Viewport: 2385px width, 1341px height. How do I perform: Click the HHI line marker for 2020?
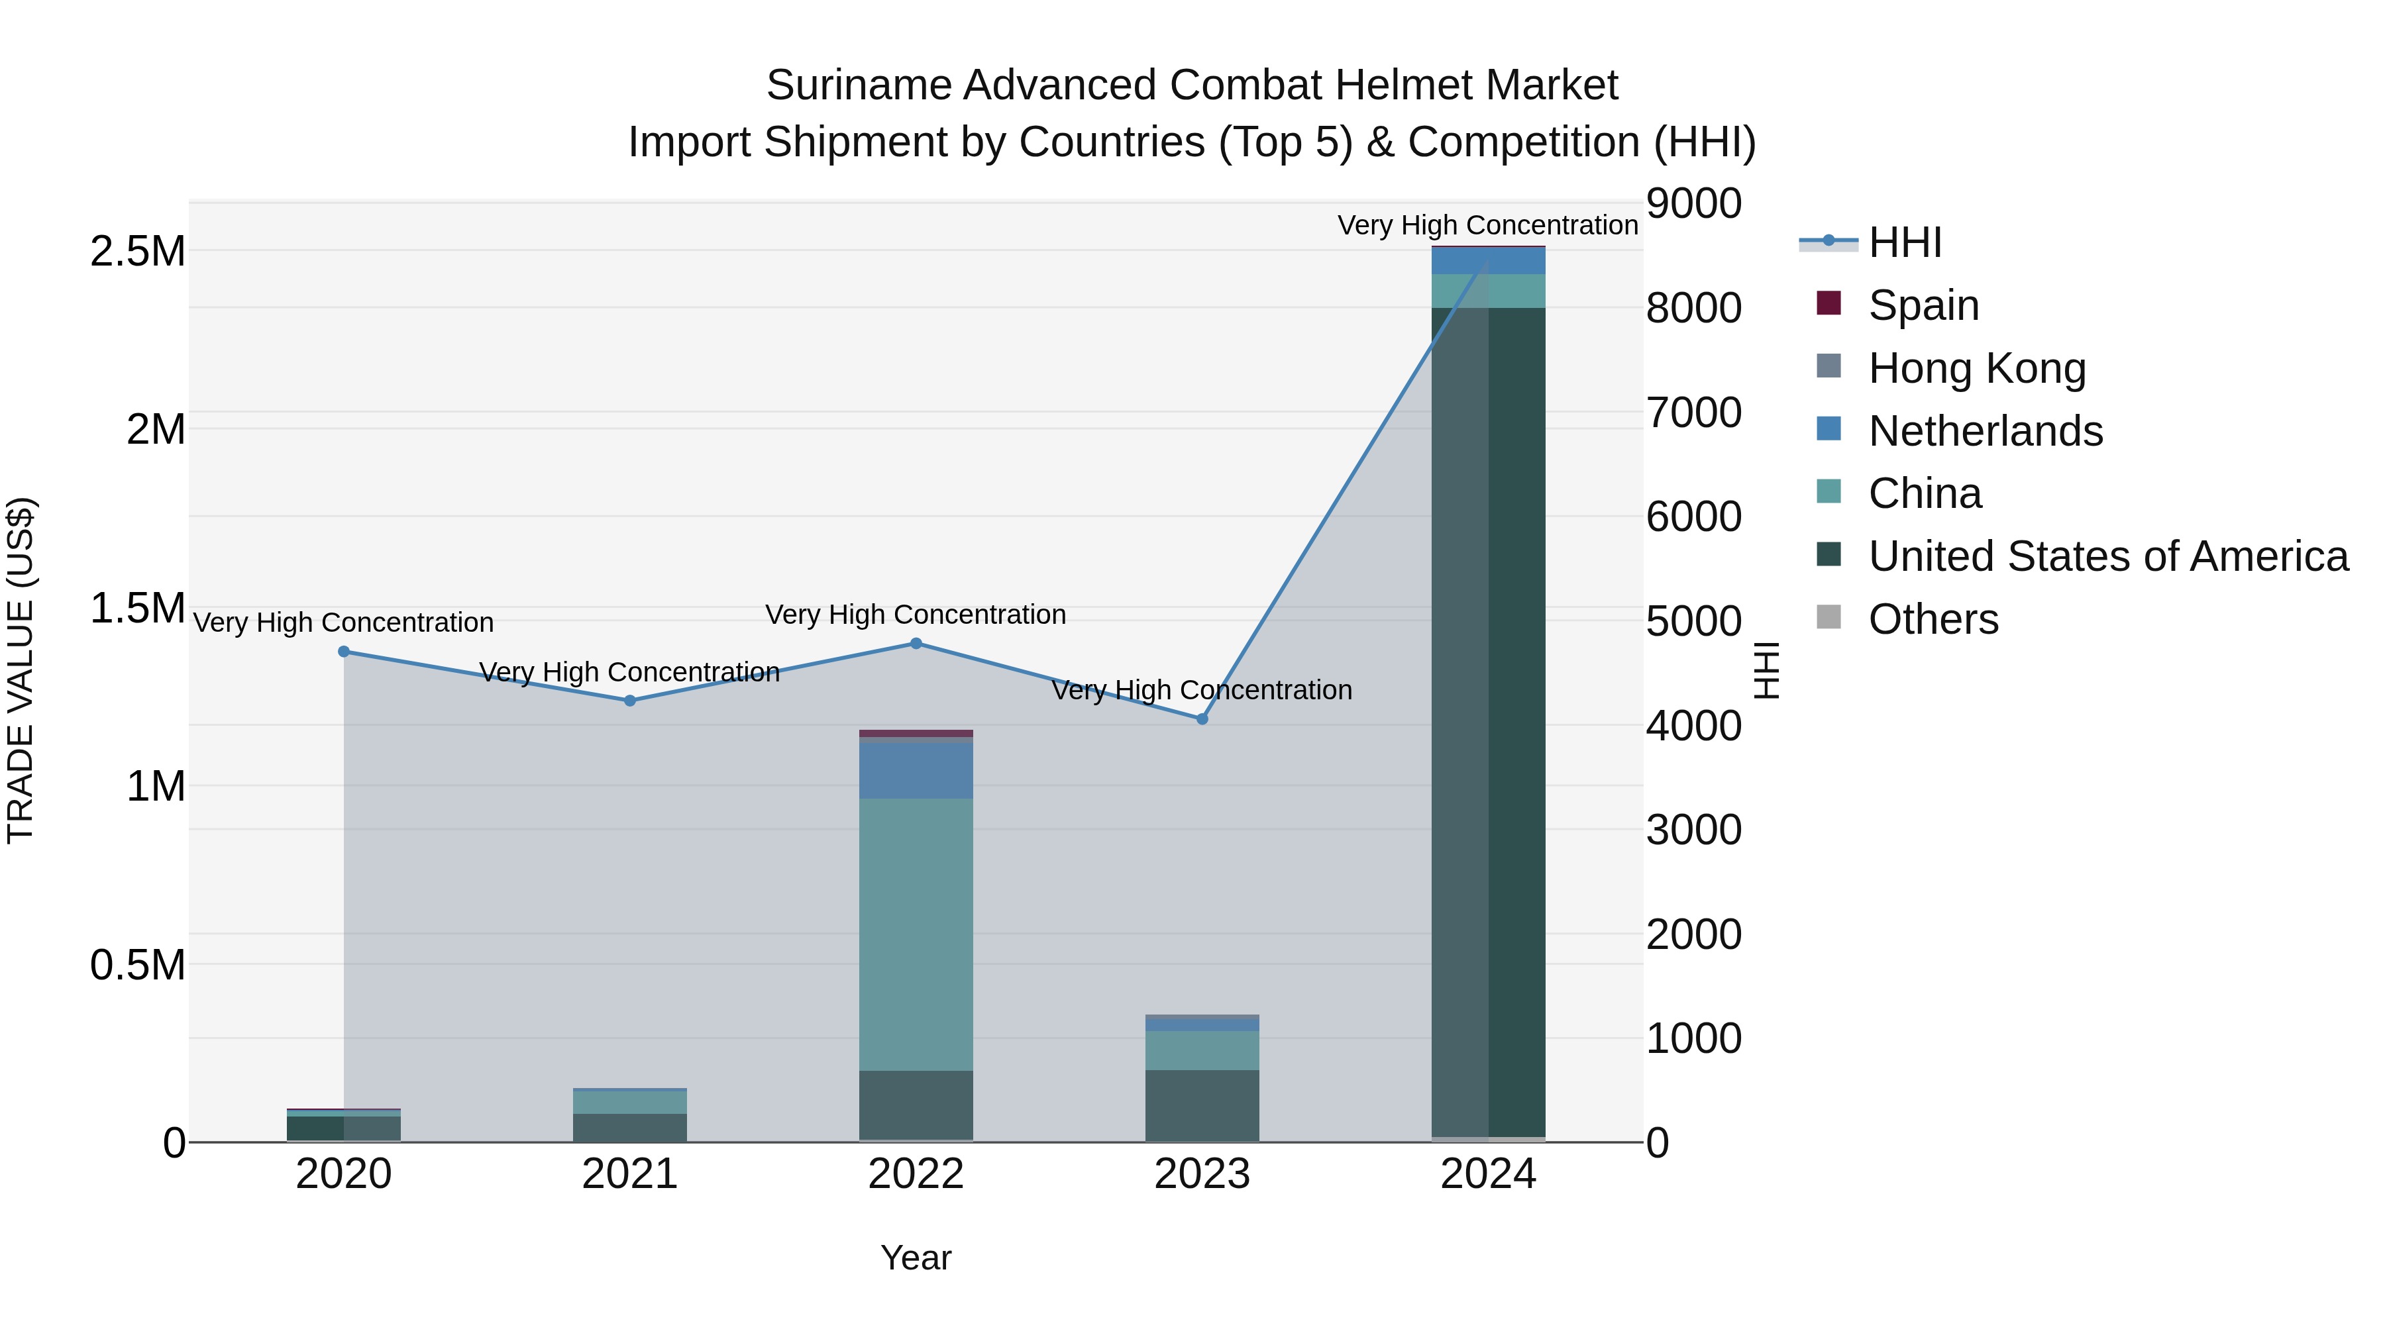(x=343, y=652)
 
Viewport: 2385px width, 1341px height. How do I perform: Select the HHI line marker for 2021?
(x=629, y=701)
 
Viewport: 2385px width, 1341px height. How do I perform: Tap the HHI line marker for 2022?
(x=916, y=643)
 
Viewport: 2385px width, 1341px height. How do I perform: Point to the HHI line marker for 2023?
(x=1202, y=719)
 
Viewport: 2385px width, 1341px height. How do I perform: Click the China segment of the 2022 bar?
(x=916, y=934)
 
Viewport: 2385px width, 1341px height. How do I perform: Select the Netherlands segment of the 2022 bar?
(x=916, y=770)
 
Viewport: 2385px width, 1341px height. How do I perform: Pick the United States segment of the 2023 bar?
(x=1202, y=1105)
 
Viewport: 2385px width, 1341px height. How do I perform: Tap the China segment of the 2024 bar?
(x=1488, y=291)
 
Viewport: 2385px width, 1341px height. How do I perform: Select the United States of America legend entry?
(x=2107, y=556)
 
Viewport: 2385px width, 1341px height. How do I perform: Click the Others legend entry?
(x=1933, y=619)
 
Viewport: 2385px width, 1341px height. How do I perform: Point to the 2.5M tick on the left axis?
(x=138, y=252)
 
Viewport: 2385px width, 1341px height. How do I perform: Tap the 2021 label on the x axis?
(x=629, y=1174)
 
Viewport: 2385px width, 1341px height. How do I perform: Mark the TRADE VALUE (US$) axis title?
(x=21, y=670)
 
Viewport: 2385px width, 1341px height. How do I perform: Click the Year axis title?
(x=916, y=1258)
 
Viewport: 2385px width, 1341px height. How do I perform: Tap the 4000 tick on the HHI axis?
(x=1693, y=726)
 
